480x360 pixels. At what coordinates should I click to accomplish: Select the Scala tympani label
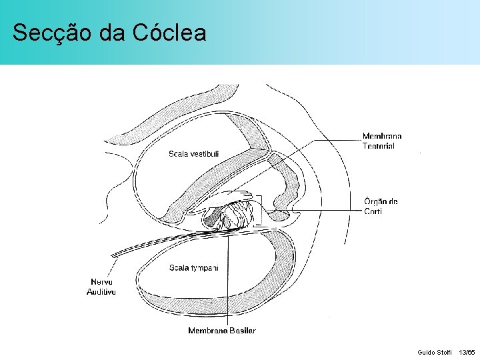(194, 267)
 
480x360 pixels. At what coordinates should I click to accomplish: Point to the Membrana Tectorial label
(382, 141)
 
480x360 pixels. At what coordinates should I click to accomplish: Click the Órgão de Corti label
(381, 207)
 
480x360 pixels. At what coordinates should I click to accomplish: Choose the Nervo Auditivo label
(102, 287)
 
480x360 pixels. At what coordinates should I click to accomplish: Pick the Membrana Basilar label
(221, 331)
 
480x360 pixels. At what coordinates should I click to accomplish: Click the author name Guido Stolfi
(434, 351)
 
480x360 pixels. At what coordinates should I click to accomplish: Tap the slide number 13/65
(467, 351)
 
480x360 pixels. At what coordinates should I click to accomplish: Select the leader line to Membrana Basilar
(228, 280)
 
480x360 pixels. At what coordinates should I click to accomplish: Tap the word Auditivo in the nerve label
(102, 292)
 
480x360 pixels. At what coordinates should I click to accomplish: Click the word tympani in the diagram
(203, 267)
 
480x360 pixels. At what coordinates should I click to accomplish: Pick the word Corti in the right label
(373, 212)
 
